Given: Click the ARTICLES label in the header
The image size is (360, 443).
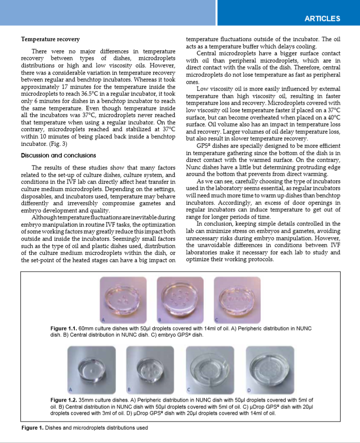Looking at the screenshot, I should [323, 18].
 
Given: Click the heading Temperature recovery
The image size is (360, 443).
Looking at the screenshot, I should [51, 38].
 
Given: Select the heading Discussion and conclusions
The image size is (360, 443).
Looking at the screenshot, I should [58, 156].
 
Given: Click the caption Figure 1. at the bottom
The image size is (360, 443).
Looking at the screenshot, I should [33, 428].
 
